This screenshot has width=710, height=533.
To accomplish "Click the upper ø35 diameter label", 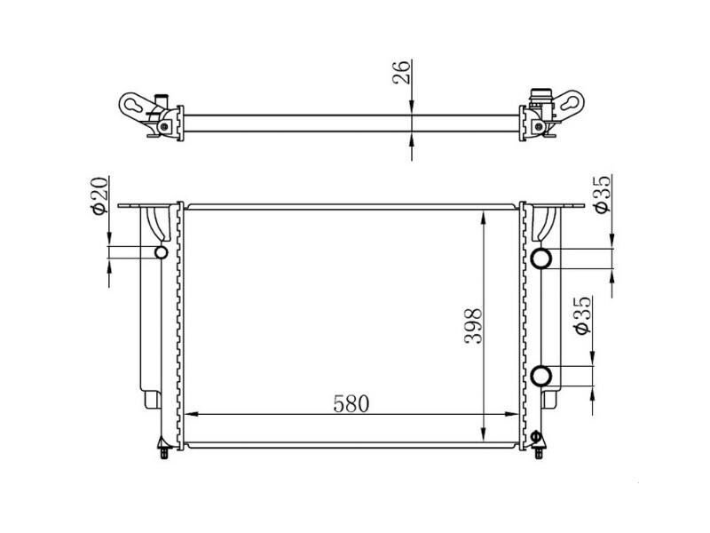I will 600,194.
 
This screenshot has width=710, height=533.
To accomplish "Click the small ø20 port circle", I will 161,254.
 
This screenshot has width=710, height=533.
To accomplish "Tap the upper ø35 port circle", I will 542,259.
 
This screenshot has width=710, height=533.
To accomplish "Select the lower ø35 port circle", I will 542,376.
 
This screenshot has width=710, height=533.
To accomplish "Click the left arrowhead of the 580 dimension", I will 190,415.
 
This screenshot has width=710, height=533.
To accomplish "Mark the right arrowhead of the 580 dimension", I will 512,415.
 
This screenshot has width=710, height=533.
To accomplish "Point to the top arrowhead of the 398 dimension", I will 482,217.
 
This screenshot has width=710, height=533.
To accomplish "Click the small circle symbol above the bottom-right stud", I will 535,436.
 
